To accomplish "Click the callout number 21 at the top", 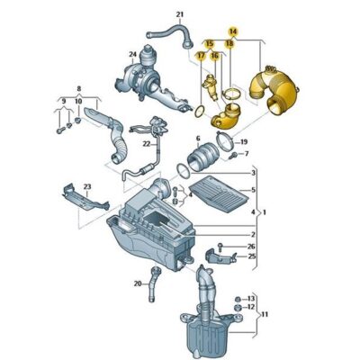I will (x=179, y=14).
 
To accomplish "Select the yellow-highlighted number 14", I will (x=232, y=31).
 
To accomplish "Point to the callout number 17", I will (x=201, y=56).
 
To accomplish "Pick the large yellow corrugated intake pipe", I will (x=274, y=89).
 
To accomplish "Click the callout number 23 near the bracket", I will (x=86, y=186).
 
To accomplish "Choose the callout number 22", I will (x=145, y=144).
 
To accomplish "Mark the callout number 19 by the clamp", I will (x=244, y=143).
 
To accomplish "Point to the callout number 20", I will (x=138, y=283).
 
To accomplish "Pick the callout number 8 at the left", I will (x=80, y=89).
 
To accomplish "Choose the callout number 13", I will (x=251, y=298).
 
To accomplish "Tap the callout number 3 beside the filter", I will (x=253, y=173).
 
